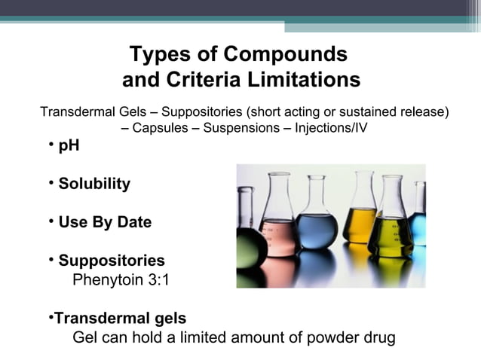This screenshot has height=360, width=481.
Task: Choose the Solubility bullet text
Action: click(94, 184)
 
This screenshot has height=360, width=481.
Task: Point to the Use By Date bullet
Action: click(105, 223)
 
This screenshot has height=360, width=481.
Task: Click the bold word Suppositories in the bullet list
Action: click(112, 261)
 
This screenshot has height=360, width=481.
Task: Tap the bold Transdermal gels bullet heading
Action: click(121, 318)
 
